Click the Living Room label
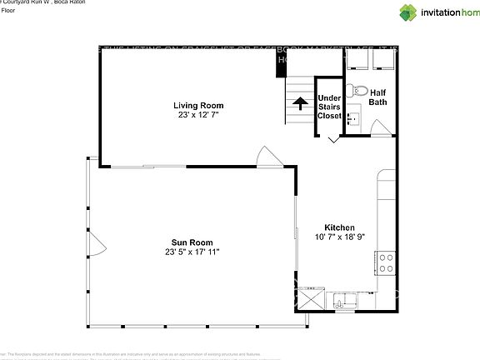pos(198,105)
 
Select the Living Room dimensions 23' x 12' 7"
pos(198,115)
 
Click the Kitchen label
pos(339,227)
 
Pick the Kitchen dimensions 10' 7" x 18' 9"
pos(339,237)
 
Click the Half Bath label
pos(378,97)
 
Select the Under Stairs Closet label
pos(329,107)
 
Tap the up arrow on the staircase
pos(297,103)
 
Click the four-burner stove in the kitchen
pos(386,263)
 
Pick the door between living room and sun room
pos(267,157)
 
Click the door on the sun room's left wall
pos(96,244)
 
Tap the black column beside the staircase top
pos(281,63)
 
